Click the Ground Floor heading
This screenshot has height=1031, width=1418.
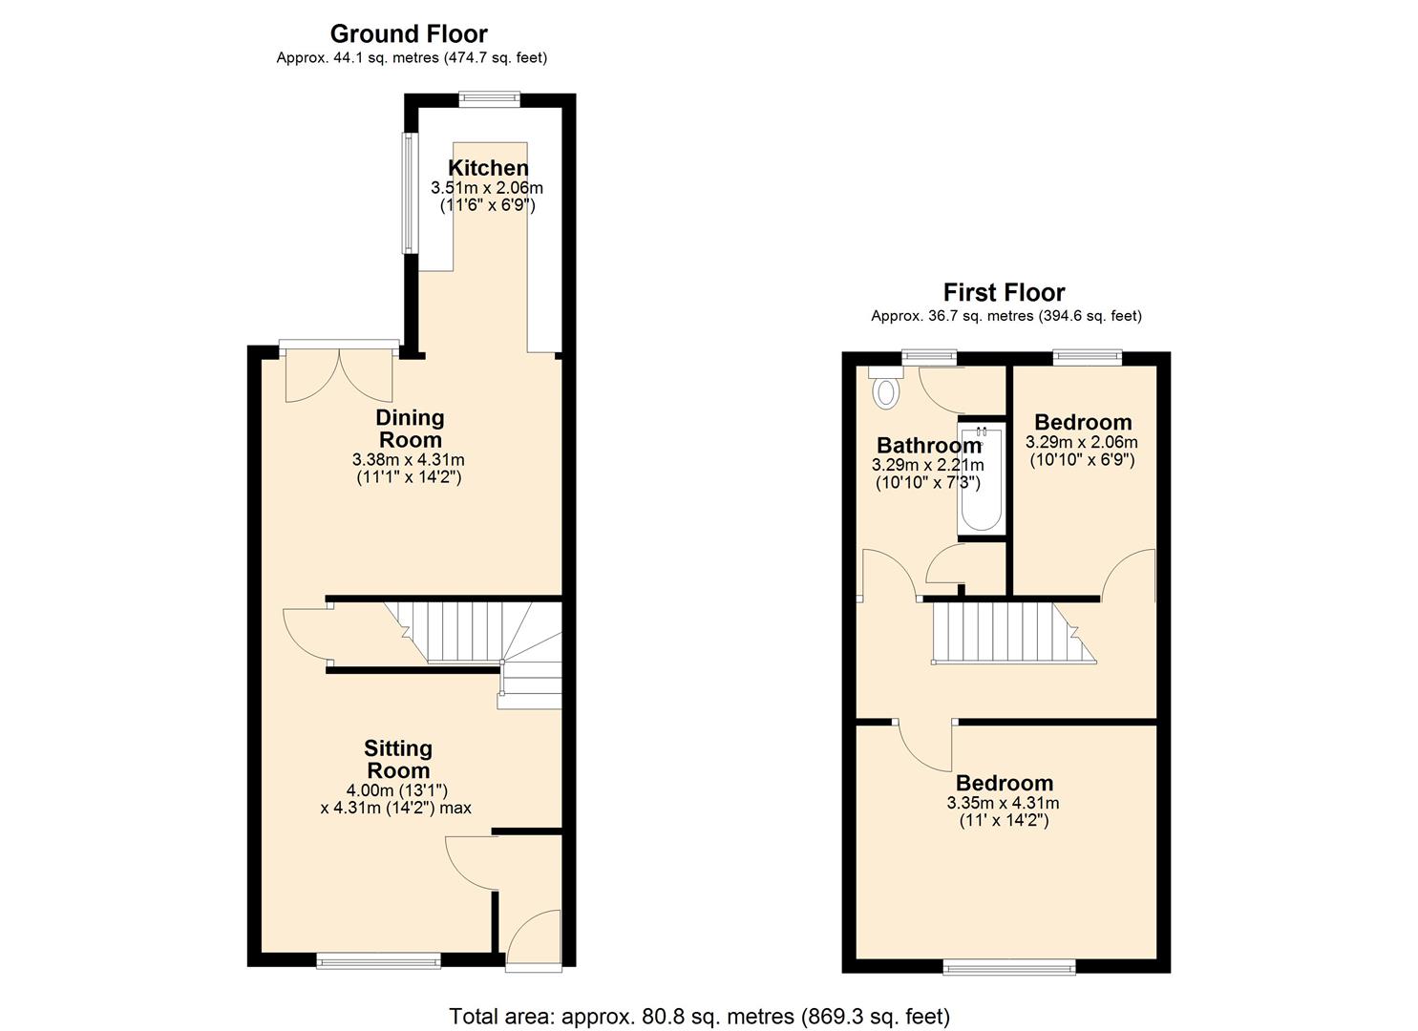(x=409, y=33)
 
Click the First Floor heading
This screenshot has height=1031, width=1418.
(x=1004, y=292)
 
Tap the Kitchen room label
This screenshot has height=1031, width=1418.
(x=488, y=168)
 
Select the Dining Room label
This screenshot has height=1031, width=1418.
(x=410, y=429)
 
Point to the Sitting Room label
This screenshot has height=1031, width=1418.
(x=398, y=759)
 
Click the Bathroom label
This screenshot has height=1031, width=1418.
(x=928, y=445)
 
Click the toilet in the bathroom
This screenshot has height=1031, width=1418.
(x=887, y=390)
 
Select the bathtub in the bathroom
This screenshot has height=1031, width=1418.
(x=981, y=479)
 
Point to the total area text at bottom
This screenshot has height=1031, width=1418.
(x=699, y=1016)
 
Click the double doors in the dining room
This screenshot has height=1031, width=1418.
(x=339, y=374)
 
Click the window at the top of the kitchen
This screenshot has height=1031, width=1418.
(x=489, y=97)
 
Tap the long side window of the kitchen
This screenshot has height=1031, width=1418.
(x=409, y=192)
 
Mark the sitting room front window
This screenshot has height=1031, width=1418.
(x=378, y=961)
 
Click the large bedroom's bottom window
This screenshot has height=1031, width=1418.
(x=1008, y=968)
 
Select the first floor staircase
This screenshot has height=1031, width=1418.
(x=1007, y=632)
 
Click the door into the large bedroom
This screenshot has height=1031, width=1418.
(x=924, y=746)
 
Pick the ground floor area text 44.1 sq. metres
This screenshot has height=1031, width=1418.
(x=412, y=58)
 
